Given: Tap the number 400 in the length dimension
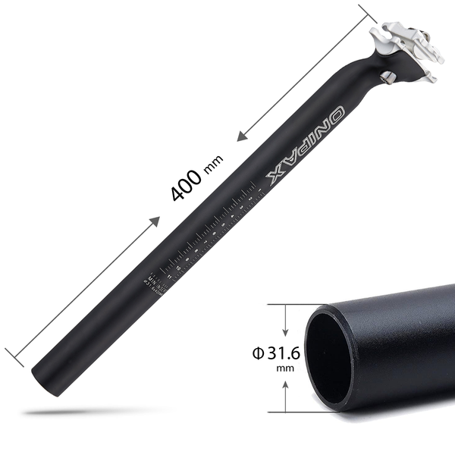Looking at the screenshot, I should [186, 186].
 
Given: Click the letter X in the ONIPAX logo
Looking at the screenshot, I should [278, 177].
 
